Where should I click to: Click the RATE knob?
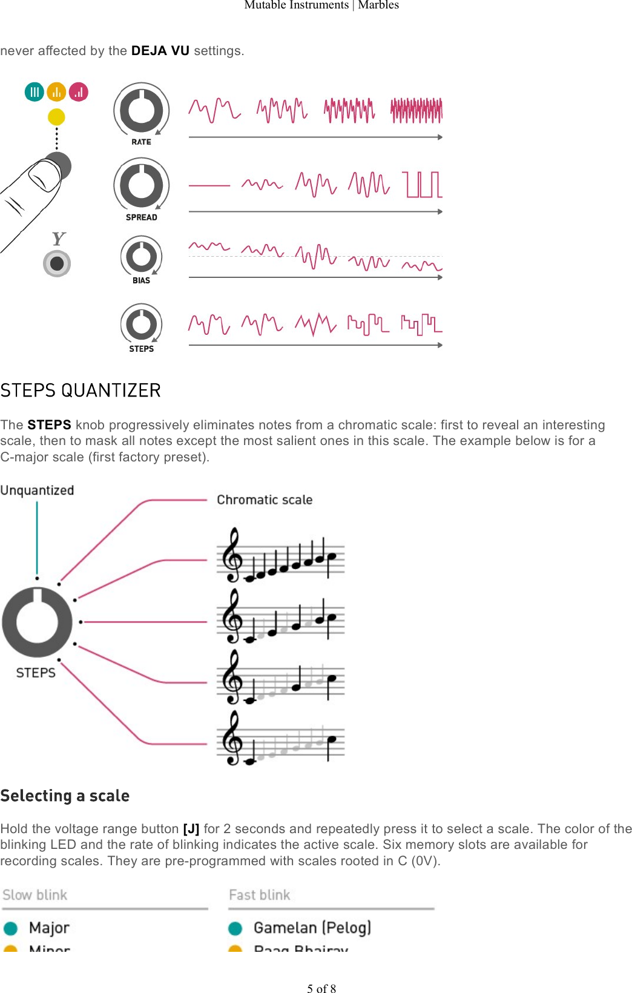coord(141,110)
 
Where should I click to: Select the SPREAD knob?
coord(141,185)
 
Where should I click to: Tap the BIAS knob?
coord(141,256)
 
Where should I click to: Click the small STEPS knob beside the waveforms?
coord(141,324)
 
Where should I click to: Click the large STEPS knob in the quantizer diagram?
coord(38,622)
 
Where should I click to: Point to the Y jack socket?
coord(57,263)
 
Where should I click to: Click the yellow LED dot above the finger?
coord(56,116)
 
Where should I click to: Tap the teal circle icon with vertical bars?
coord(35,92)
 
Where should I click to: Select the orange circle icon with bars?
coord(56,92)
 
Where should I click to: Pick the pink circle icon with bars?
coord(79,92)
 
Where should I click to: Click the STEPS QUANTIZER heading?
coord(81,391)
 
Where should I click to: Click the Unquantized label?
coord(37,490)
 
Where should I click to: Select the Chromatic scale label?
coord(265,500)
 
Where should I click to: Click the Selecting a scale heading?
coord(65,796)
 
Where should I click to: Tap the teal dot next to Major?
coord(10,928)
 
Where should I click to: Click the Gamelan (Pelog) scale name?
coord(312,928)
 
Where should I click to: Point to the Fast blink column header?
coord(260,895)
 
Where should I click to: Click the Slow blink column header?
coord(35,895)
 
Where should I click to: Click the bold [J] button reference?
coord(191,829)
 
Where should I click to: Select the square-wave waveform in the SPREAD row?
coord(424,185)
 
